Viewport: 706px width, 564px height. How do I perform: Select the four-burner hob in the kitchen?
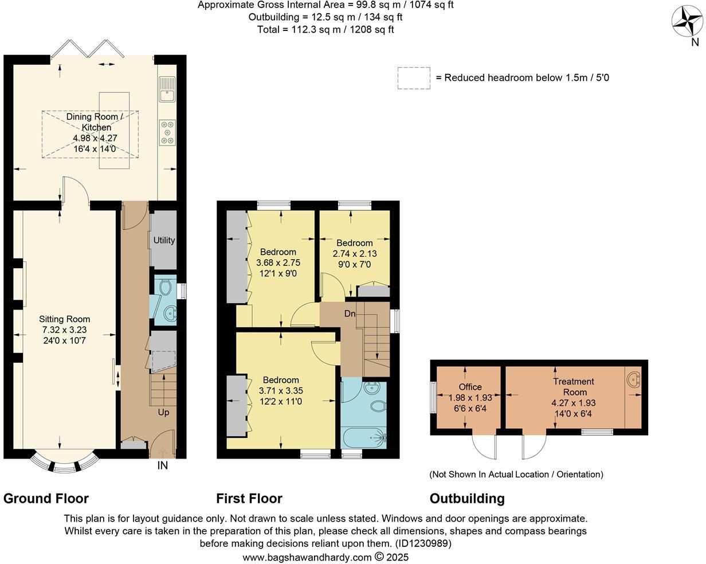167,132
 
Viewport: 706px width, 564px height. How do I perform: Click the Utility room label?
164,240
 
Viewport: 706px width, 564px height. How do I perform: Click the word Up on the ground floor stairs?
163,412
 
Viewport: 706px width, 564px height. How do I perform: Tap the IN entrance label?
163,466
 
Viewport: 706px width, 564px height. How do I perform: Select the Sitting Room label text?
64,319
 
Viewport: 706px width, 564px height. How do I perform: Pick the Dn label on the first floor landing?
350,314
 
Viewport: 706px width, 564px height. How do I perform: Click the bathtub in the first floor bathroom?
364,438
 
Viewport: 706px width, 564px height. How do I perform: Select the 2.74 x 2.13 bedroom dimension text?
354,253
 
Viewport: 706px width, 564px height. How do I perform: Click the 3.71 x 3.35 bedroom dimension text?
281,391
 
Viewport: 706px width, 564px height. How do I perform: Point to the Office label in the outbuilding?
470,387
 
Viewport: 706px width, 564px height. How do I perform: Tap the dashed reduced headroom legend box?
414,78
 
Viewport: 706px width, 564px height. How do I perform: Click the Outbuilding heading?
467,498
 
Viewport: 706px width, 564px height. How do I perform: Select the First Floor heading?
249,498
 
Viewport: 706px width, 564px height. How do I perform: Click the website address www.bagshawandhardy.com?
307,557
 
